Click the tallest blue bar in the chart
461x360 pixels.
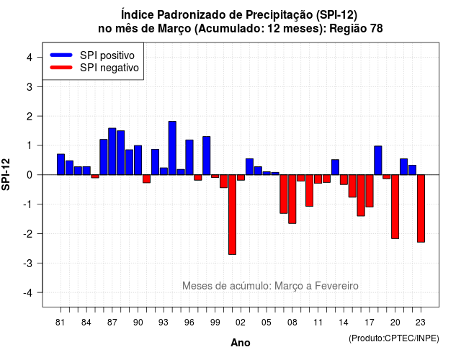[172, 148]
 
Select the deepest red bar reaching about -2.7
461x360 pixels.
[232, 215]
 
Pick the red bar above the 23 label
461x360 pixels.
[421, 208]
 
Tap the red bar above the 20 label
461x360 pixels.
[395, 207]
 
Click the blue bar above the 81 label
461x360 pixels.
[61, 164]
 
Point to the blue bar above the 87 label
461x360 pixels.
[112, 151]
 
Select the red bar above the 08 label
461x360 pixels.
[292, 199]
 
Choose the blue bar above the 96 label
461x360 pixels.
[189, 157]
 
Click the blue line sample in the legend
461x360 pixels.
[61, 55]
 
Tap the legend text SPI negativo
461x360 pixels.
[109, 68]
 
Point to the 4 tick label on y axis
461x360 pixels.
[30, 58]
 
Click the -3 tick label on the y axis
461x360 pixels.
[27, 264]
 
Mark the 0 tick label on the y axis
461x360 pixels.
[30, 175]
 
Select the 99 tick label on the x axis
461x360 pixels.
[215, 323]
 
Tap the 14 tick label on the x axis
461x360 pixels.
[344, 323]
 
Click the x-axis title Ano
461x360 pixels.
[241, 343]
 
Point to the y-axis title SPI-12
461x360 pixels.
[6, 174]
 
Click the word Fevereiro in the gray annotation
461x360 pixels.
[336, 286]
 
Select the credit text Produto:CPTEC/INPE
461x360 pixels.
[394, 338]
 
